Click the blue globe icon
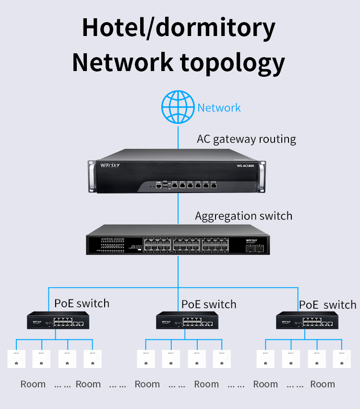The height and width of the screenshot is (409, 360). [x=178, y=108]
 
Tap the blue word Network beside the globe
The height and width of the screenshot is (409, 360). [x=219, y=108]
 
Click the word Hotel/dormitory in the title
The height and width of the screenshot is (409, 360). [x=179, y=27]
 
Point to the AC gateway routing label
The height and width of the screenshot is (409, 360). [x=246, y=139]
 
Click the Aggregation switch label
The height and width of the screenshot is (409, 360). [x=243, y=216]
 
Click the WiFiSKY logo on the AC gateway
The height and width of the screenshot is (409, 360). [x=111, y=165]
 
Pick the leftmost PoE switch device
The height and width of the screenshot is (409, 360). [x=58, y=321]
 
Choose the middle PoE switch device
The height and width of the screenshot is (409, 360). [x=187, y=321]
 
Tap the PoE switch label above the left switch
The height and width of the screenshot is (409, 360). [x=82, y=303]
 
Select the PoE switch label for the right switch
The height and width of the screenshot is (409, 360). [x=327, y=305]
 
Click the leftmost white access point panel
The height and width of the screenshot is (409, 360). [x=16, y=359]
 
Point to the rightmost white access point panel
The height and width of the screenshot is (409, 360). [x=341, y=359]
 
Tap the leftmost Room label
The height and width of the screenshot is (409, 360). [x=33, y=384]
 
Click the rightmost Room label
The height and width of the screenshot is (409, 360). [x=323, y=384]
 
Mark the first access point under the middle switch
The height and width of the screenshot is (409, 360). [x=145, y=359]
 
